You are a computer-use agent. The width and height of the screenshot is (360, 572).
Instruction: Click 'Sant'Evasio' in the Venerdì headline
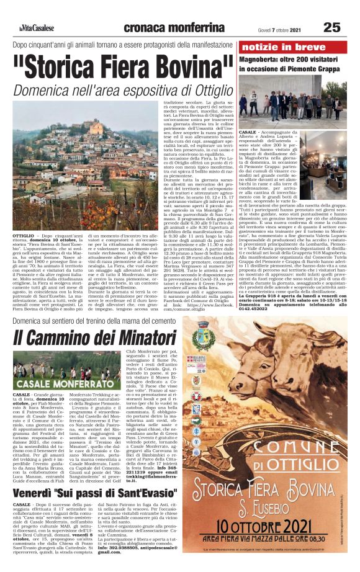coord(139,493)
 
